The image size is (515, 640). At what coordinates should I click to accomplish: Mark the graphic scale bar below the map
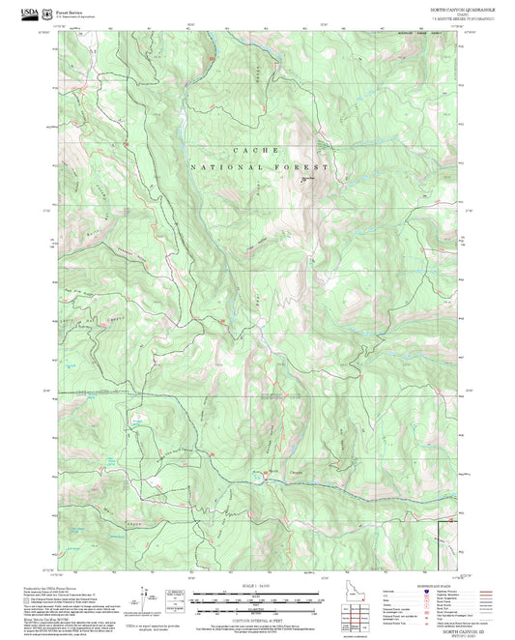click(256, 599)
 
